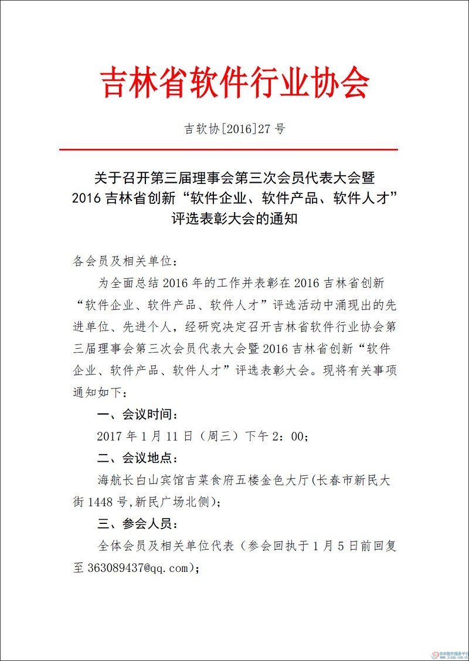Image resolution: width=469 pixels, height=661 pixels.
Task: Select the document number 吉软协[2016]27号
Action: point(235,129)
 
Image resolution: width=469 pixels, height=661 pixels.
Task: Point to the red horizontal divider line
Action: point(235,150)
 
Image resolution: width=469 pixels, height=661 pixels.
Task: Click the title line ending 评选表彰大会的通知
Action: point(235,219)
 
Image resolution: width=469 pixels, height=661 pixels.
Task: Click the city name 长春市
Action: point(336,481)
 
